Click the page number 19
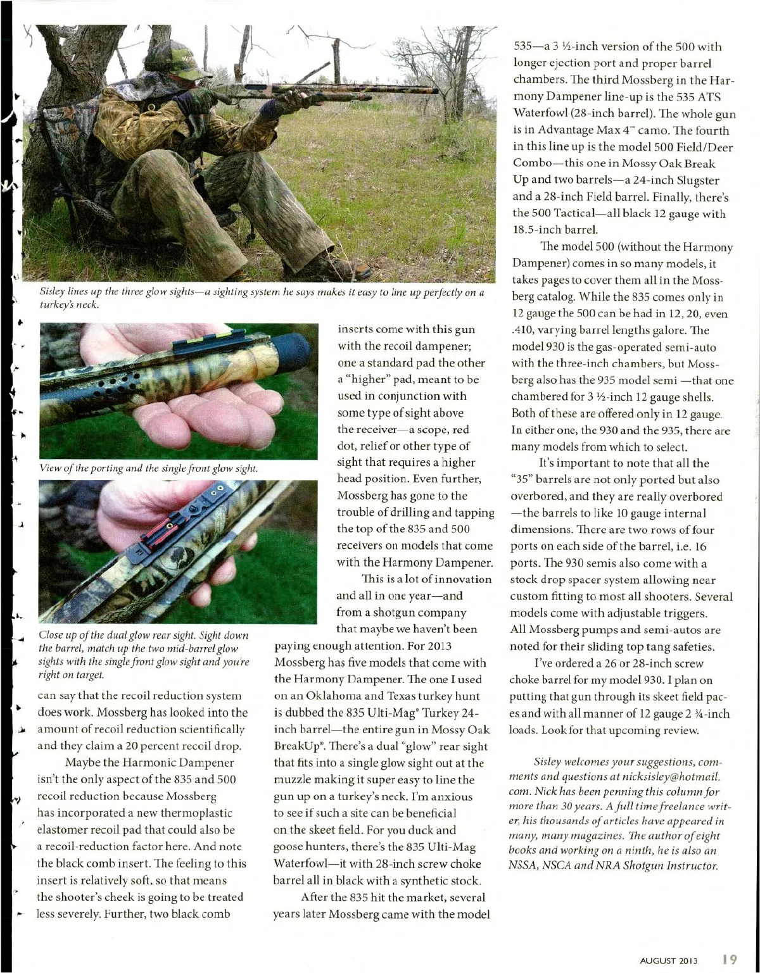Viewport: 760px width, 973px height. tap(730, 958)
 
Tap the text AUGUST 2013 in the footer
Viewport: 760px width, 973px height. tap(668, 960)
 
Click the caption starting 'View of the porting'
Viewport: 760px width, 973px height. tap(148, 468)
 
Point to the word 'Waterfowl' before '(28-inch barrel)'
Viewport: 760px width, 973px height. tap(536, 114)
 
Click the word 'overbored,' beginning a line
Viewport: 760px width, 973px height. tap(538, 496)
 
